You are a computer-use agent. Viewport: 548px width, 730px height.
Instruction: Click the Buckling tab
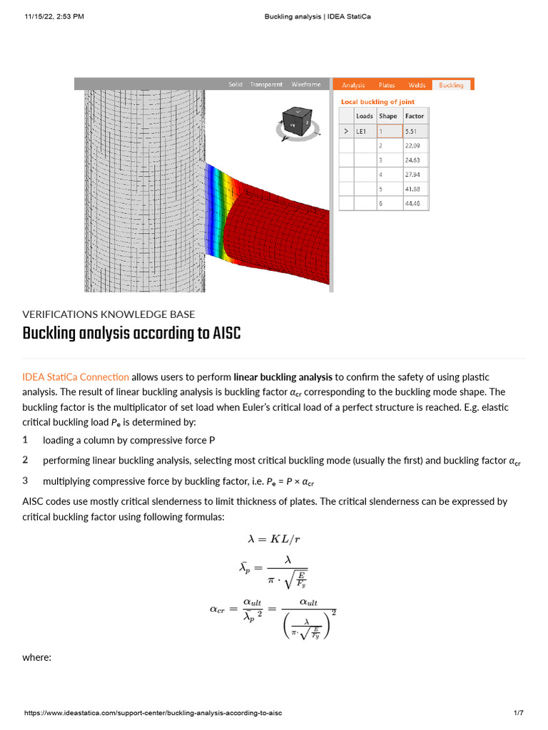(451, 85)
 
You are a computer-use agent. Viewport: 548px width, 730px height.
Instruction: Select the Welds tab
(417, 85)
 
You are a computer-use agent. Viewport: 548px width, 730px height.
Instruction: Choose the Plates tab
(387, 85)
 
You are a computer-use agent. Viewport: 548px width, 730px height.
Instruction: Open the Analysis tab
(353, 85)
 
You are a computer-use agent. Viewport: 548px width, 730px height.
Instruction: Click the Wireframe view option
(306, 84)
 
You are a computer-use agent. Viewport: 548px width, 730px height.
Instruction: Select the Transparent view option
(266, 84)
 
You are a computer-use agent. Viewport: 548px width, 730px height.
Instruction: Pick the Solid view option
(235, 84)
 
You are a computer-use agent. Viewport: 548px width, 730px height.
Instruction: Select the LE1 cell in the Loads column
(364, 132)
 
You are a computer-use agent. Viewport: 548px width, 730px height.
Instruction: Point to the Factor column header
(414, 116)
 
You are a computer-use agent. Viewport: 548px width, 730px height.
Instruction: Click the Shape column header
(388, 116)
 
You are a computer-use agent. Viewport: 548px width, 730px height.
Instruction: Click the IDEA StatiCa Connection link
(76, 376)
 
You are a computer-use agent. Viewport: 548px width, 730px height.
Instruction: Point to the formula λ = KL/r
(275, 540)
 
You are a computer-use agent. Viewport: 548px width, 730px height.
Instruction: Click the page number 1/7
(519, 714)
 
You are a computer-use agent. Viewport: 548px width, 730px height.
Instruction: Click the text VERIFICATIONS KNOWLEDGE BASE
(108, 314)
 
